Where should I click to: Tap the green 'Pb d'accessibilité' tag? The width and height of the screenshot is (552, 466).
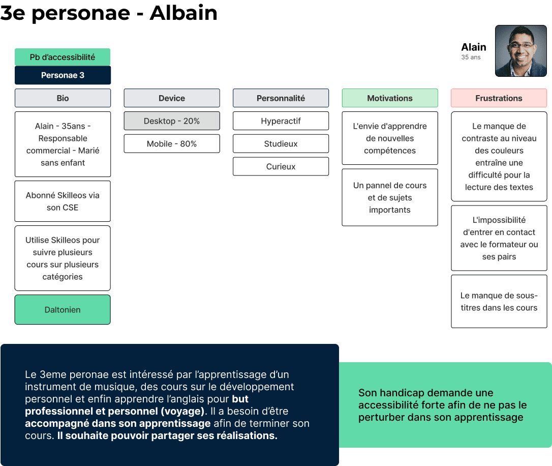coord(63,57)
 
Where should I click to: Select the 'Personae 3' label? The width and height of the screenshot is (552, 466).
coord(63,75)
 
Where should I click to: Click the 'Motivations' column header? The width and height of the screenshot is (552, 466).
coord(390,98)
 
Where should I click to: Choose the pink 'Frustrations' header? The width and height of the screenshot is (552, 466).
coord(499,98)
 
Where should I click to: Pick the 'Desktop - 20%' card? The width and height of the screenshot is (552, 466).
coord(172,121)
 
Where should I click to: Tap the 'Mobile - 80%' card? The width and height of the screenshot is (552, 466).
coord(172,144)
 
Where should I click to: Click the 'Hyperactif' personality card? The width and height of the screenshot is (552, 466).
coord(281,121)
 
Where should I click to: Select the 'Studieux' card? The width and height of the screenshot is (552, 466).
coord(281,144)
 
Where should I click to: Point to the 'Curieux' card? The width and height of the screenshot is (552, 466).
coord(281,166)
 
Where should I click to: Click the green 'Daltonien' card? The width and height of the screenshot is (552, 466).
coord(63,310)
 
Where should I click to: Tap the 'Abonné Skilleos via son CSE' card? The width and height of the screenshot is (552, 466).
coord(63,201)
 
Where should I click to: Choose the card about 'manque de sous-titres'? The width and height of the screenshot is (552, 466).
coord(499,302)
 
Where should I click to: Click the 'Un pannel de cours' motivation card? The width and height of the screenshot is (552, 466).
coord(390,197)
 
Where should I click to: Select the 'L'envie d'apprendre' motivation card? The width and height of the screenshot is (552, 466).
coord(390,138)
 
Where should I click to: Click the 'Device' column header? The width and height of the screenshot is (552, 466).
coord(172,98)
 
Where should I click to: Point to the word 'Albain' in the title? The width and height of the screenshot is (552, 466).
coord(183,13)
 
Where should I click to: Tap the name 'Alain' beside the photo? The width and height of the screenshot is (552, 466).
coord(473,47)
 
